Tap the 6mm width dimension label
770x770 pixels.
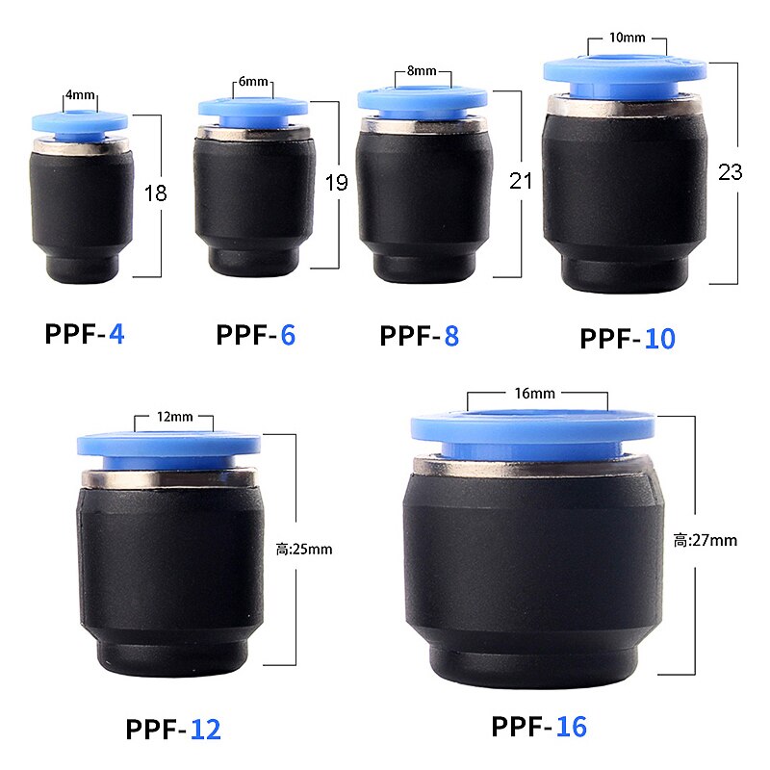[x=255, y=82]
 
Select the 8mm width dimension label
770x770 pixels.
[x=423, y=72]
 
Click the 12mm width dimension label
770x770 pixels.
[x=174, y=417]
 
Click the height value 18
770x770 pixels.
[x=155, y=193]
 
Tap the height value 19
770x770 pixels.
[x=336, y=183]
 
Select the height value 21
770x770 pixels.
[x=521, y=180]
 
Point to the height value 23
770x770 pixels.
[x=731, y=172]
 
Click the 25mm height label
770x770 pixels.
[x=304, y=550]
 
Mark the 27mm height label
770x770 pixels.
[x=705, y=540]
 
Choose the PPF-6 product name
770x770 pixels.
[x=255, y=335]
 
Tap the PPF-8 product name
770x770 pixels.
[x=419, y=336]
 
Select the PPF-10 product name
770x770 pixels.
[x=628, y=339]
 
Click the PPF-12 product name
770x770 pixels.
[x=173, y=729]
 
